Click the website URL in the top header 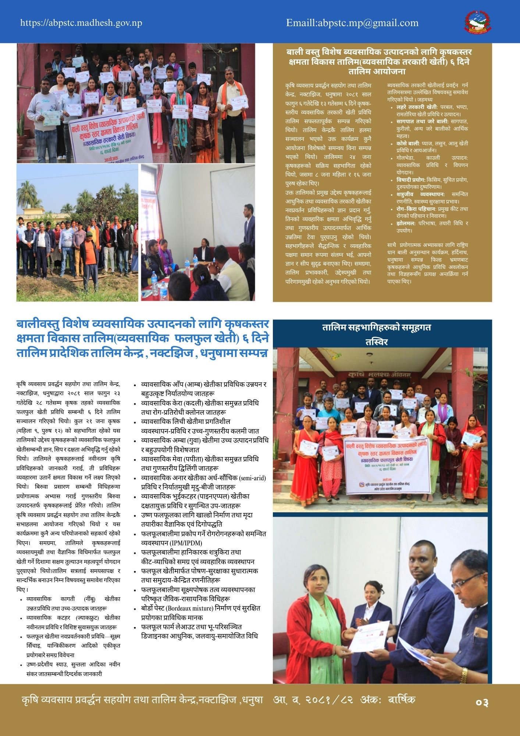click(81, 23)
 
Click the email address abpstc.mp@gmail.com click(352, 23)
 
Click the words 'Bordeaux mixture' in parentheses click(204, 608)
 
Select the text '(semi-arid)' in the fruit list click(252, 478)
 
